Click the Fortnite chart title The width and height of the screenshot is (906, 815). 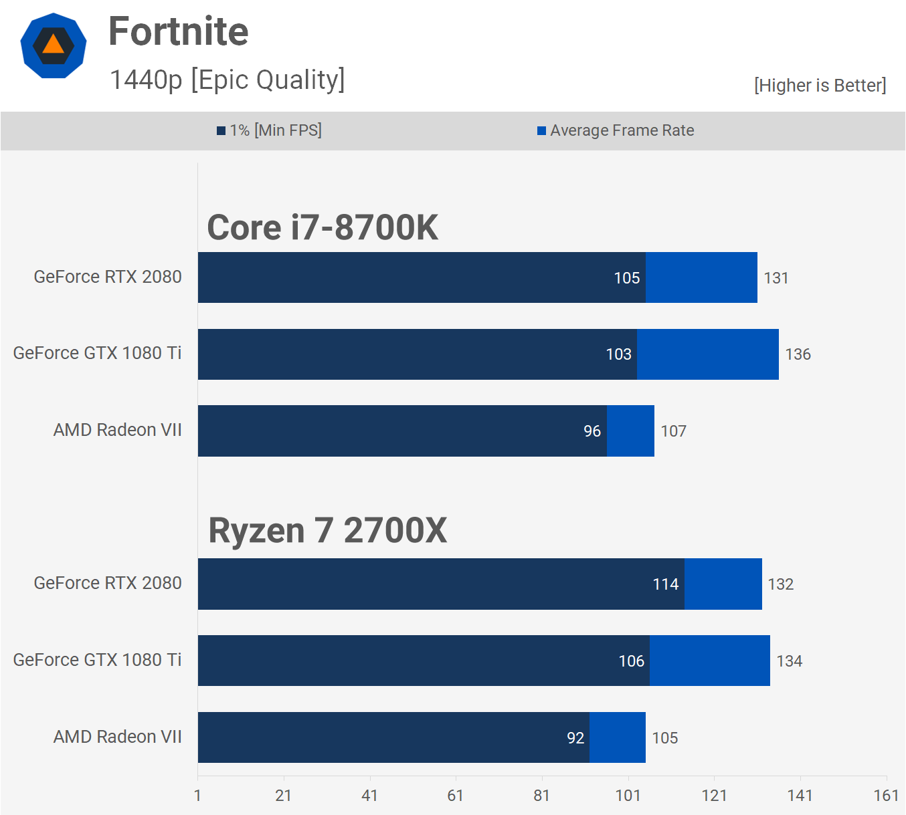pos(178,31)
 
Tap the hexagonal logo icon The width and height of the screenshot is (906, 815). pos(54,45)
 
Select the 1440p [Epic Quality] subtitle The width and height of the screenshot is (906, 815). pos(227,80)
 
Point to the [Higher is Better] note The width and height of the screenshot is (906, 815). pos(820,86)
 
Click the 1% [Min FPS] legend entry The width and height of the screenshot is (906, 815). pos(270,130)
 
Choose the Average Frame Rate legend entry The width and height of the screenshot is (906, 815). pos(616,130)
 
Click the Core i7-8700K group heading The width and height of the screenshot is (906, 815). pos(323,227)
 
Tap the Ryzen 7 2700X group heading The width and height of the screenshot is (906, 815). pos(327,530)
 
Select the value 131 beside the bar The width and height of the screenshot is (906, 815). pos(776,278)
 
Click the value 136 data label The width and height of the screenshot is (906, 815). pos(798,354)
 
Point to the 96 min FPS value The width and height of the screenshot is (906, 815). pos(592,431)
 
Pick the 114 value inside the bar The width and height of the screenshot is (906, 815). pos(666,584)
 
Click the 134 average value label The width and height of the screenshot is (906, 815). pos(789,661)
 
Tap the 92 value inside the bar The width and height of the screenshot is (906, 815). pos(575,738)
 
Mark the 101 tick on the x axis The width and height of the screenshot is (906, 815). pos(628,796)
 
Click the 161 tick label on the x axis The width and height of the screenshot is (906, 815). pos(886,796)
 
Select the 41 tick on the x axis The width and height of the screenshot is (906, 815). pos(369,796)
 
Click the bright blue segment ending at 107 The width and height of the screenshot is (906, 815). pos(630,431)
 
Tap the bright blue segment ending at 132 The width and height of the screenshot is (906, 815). pos(723,584)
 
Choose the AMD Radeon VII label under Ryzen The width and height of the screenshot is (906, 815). pos(117,737)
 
